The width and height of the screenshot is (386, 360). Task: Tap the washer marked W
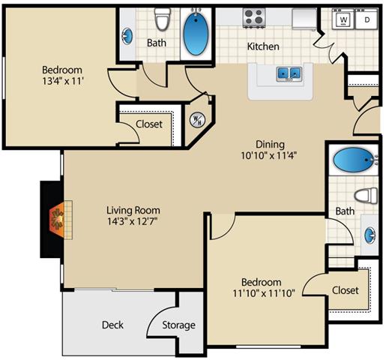343,19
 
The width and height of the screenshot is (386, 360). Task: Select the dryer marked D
367,19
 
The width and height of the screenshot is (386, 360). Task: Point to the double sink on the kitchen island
289,73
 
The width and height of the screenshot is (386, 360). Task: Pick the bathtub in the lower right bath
352,160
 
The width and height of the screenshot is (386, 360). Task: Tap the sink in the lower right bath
370,232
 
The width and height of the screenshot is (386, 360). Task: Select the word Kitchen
263,46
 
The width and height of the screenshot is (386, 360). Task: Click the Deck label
112,325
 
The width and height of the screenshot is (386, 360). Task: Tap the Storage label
180,325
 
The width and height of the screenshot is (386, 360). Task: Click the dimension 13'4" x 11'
64,84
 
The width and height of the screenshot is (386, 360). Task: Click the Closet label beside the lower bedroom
345,290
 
